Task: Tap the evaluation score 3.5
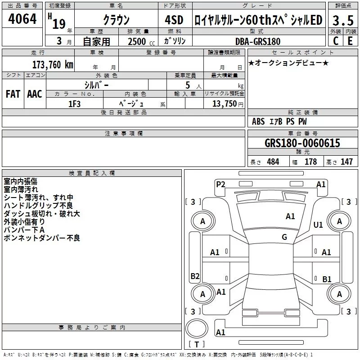342,20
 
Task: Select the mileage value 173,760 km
53,65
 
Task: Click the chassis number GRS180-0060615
302,143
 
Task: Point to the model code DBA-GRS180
258,41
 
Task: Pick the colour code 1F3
75,103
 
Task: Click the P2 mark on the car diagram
220,184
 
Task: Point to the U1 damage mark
318,225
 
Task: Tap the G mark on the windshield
284,237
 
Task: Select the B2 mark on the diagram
195,276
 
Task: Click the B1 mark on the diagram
327,279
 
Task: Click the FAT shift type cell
13,94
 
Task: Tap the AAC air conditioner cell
35,94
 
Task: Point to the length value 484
273,162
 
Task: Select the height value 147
346,162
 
